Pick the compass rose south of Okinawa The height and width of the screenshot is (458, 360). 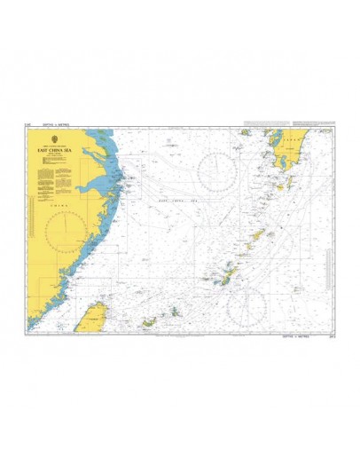click(246, 306)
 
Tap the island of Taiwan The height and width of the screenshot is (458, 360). click(92, 314)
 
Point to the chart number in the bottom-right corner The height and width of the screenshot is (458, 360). click(333, 336)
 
